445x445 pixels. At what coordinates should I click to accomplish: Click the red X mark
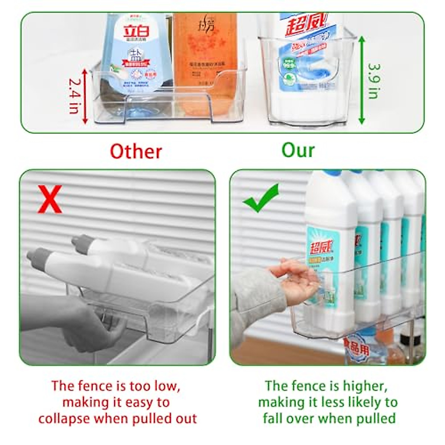coord(50,200)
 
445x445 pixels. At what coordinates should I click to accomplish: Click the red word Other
coord(136,151)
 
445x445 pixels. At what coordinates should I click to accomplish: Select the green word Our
coord(298,150)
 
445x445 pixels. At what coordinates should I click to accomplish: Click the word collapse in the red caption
coord(64,419)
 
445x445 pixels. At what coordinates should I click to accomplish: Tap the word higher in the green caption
coord(364,386)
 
